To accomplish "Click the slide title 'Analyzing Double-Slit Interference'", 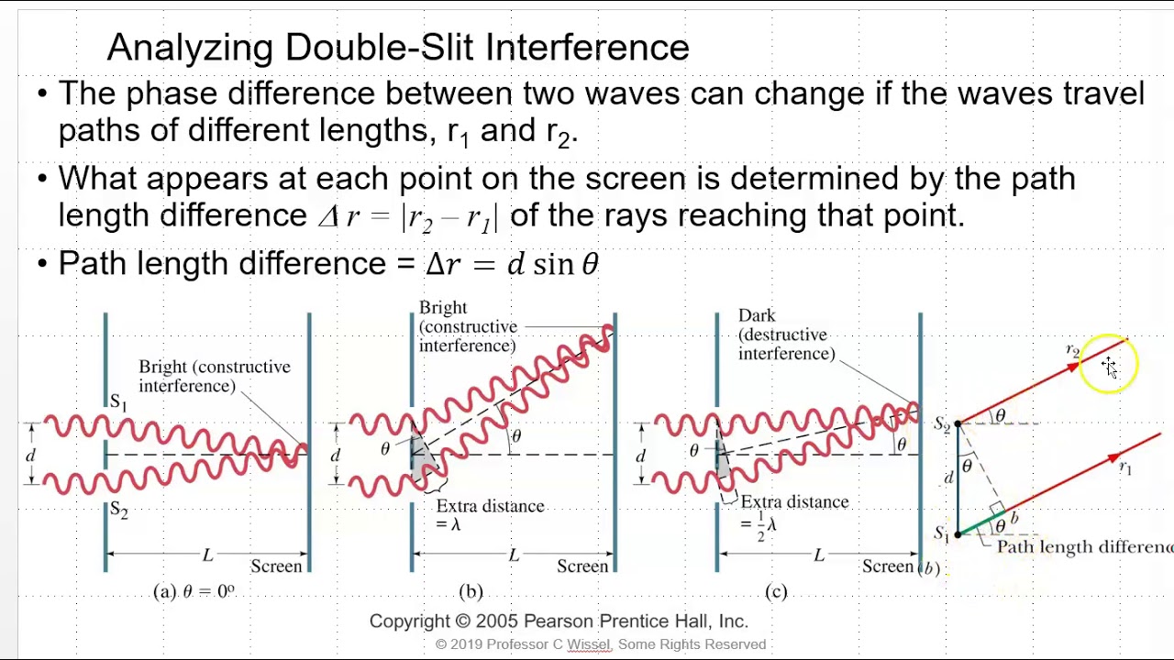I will [398, 48].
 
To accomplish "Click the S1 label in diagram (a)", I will [118, 401].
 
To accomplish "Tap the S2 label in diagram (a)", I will [118, 510].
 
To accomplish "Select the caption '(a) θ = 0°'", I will [194, 591].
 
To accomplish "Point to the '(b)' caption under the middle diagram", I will [471, 591].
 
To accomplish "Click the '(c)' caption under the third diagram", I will [776, 591].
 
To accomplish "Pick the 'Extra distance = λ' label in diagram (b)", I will [490, 514].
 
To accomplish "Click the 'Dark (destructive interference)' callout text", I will [786, 335].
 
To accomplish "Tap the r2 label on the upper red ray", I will [1072, 350].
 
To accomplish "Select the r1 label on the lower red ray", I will [1125, 468].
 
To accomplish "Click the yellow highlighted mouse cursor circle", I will [1109, 365].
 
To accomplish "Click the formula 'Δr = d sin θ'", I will [512, 264].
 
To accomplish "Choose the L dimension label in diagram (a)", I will [207, 555].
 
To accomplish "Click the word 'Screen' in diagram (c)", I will [887, 566].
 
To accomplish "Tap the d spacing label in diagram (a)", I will [31, 456].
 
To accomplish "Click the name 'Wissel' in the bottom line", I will [589, 644].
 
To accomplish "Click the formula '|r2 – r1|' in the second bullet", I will [449, 216].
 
